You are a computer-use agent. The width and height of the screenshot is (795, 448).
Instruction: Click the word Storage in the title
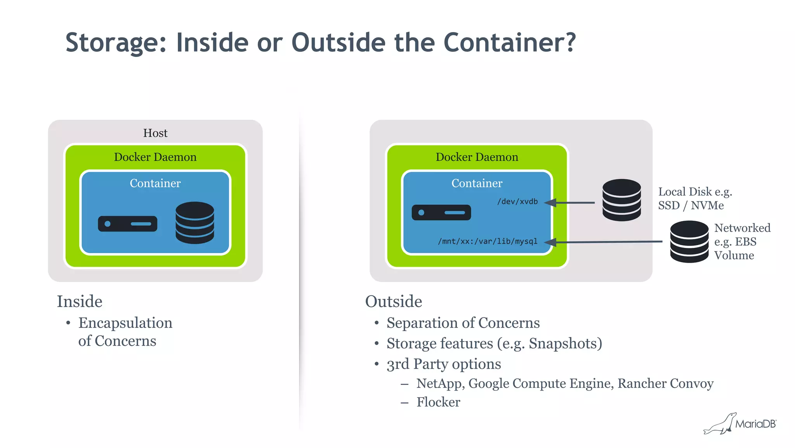point(116,43)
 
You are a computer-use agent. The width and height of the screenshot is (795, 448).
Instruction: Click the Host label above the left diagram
point(155,133)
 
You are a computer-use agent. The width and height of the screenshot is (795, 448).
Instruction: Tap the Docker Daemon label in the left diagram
point(155,157)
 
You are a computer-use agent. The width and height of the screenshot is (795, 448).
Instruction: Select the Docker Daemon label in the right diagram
point(477,157)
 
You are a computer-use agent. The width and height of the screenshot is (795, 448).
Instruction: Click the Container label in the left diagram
point(155,183)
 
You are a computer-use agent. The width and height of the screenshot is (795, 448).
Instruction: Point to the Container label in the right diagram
point(477,183)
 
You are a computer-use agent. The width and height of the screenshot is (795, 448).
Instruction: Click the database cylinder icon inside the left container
point(195,223)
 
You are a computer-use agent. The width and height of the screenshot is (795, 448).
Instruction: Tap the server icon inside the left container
point(128,224)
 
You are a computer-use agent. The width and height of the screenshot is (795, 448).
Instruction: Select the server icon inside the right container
point(441,213)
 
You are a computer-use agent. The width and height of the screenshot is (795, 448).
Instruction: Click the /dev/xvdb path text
point(517,202)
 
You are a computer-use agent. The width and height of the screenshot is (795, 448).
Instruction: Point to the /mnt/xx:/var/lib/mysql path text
point(488,241)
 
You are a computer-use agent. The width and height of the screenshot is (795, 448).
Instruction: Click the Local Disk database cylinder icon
point(621,200)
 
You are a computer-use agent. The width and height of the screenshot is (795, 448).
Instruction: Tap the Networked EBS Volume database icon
point(689,242)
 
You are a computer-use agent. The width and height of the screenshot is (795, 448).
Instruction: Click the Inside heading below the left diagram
point(80,302)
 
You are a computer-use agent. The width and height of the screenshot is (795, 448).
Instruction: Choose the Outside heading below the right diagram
point(394,302)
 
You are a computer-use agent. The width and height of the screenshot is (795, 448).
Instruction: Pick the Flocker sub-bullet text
point(438,402)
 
